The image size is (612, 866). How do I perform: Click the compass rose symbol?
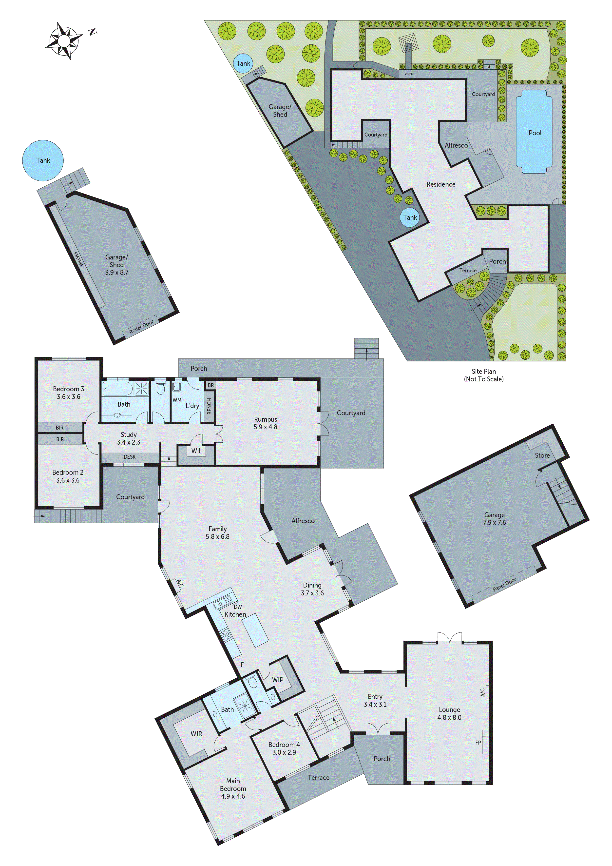(x=64, y=40)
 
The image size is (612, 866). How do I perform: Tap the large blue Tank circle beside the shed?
(x=43, y=160)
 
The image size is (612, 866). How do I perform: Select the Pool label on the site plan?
(x=535, y=133)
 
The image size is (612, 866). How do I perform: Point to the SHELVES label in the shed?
(x=79, y=259)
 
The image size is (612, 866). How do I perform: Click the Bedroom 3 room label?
(x=68, y=392)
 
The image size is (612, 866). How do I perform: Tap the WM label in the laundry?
(x=177, y=400)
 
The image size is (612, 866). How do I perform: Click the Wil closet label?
(x=196, y=451)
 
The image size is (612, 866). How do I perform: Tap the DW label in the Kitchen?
(x=238, y=607)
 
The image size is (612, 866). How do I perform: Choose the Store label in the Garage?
(x=542, y=455)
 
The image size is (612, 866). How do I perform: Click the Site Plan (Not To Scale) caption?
(x=483, y=375)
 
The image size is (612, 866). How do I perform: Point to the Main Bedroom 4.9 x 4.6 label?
(x=233, y=788)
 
